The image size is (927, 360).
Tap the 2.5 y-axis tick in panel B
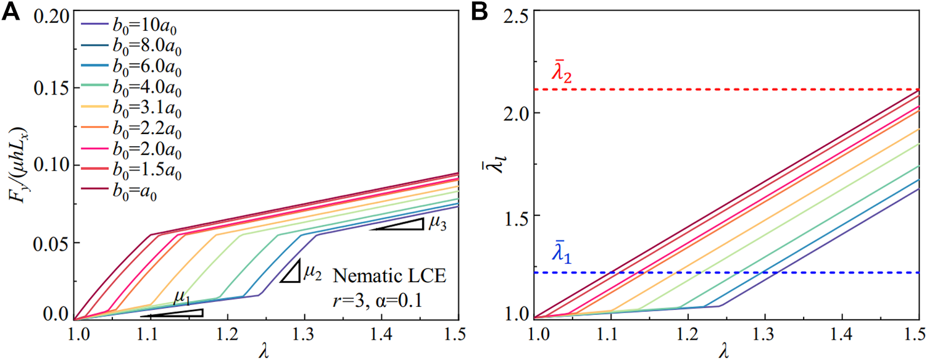516,15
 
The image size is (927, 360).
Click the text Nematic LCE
388,274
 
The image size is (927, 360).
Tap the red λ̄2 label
562,74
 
